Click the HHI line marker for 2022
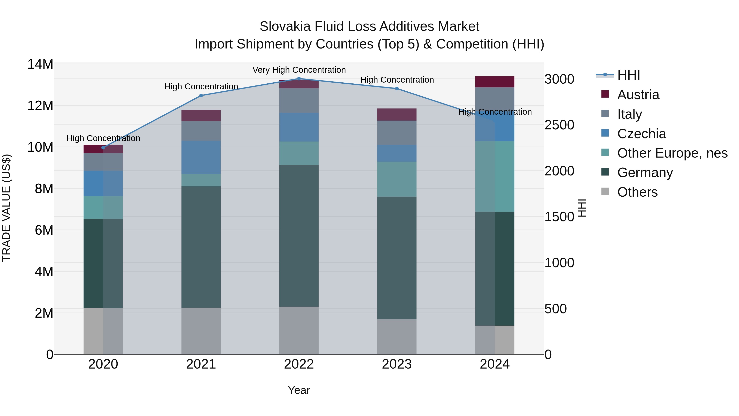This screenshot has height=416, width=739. pyautogui.click(x=299, y=79)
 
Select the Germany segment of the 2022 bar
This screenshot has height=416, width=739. pyautogui.click(x=299, y=235)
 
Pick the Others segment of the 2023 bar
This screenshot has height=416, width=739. pyautogui.click(x=397, y=336)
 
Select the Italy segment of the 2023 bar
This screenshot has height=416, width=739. pyautogui.click(x=397, y=133)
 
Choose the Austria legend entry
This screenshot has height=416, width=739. pyautogui.click(x=638, y=95)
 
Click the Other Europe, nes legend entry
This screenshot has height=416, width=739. pyautogui.click(x=672, y=153)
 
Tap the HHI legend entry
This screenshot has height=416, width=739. pyautogui.click(x=628, y=75)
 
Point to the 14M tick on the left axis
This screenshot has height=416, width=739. pyautogui.click(x=40, y=64)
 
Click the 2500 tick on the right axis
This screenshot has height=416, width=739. pyautogui.click(x=559, y=125)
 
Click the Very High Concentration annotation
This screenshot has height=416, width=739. pyautogui.click(x=299, y=70)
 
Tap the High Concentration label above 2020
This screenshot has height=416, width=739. pyautogui.click(x=103, y=138)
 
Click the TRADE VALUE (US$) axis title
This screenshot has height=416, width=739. pyautogui.click(x=6, y=208)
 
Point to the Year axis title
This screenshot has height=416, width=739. pyautogui.click(x=299, y=390)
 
